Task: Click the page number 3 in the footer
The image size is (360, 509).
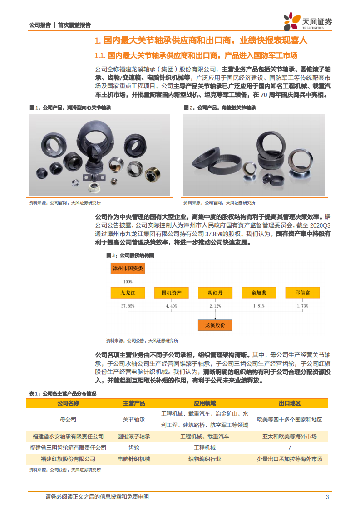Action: click(x=327, y=497)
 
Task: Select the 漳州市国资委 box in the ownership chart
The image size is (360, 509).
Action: click(x=128, y=269)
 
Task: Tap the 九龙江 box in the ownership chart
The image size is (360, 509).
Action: click(x=128, y=293)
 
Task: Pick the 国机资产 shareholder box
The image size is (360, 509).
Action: click(x=172, y=293)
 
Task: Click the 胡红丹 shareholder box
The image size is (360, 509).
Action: click(x=215, y=293)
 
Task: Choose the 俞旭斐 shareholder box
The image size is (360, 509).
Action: click(x=258, y=293)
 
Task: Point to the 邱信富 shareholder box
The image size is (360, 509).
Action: click(x=302, y=293)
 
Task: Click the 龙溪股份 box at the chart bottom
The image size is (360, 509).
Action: click(x=215, y=325)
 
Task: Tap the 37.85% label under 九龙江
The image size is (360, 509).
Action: click(x=128, y=306)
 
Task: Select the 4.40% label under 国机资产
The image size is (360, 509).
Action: click(x=172, y=306)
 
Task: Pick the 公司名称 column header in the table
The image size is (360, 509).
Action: click(x=68, y=403)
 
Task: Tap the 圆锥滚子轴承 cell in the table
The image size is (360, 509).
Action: click(x=134, y=436)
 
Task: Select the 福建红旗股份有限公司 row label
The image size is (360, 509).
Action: click(x=68, y=459)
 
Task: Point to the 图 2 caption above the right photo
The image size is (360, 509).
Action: click(x=220, y=108)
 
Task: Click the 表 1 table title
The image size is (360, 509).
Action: click(x=63, y=393)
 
